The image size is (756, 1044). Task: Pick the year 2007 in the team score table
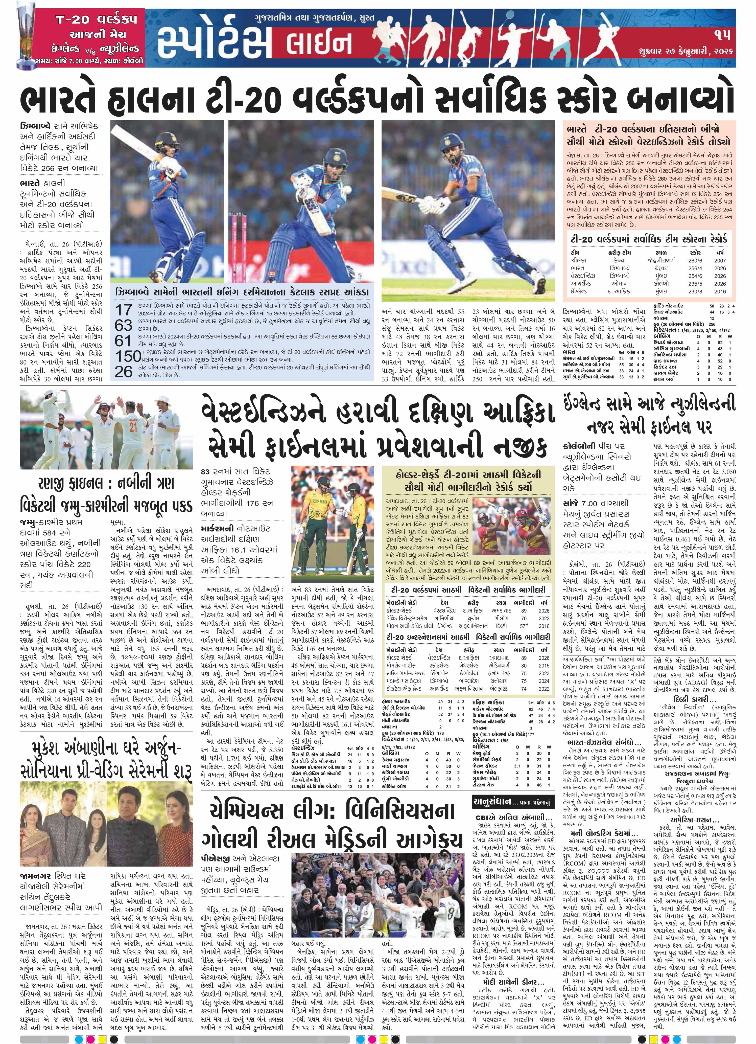[x=720, y=260]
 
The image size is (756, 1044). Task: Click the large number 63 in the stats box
[x=124, y=325]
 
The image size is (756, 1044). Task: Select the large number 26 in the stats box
[x=124, y=372]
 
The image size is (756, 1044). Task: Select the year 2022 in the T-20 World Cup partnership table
[x=544, y=618]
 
